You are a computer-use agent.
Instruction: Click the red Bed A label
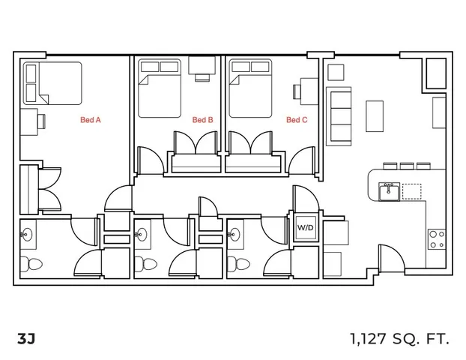(x=91, y=120)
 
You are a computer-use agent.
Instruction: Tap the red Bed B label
(x=203, y=120)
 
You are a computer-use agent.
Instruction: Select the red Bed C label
(x=297, y=120)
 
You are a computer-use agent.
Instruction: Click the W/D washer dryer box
(x=306, y=228)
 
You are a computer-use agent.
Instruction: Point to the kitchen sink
(x=389, y=191)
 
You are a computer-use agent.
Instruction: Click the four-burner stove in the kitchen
(x=437, y=239)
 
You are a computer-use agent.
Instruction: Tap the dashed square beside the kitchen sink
(x=411, y=191)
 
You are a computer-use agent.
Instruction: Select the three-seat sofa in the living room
(x=339, y=116)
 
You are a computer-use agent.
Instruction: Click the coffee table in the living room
(x=375, y=116)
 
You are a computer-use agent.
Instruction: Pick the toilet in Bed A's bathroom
(x=31, y=264)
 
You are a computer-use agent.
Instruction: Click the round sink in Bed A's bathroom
(x=27, y=235)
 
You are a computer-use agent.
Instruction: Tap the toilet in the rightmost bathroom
(x=238, y=264)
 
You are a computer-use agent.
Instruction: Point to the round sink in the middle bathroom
(x=141, y=235)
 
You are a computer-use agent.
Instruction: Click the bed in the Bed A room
(x=52, y=83)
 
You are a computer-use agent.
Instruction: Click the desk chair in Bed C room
(x=297, y=91)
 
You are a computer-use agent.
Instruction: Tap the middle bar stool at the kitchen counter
(x=407, y=166)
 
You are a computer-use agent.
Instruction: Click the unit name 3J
(x=26, y=338)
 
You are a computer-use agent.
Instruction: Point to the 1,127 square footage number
(x=368, y=339)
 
